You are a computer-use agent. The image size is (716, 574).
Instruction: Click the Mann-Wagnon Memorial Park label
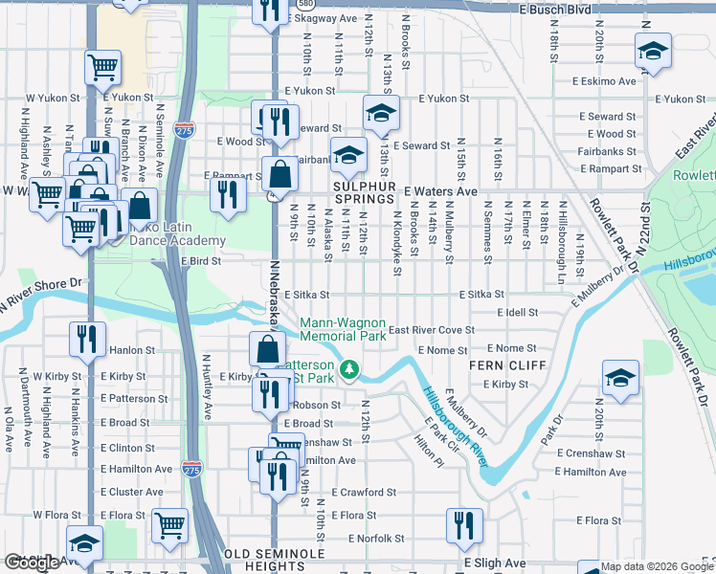click(x=343, y=330)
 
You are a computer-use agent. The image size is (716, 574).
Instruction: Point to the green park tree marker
click(x=351, y=368)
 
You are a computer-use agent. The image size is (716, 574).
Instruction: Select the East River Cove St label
click(x=431, y=330)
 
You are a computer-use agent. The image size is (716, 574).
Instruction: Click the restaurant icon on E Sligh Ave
click(x=464, y=525)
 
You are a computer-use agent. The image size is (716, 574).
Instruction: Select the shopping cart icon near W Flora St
click(x=169, y=525)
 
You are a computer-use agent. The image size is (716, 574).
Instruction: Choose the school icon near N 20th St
click(x=620, y=379)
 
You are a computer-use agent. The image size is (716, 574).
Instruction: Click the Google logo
click(x=32, y=563)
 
